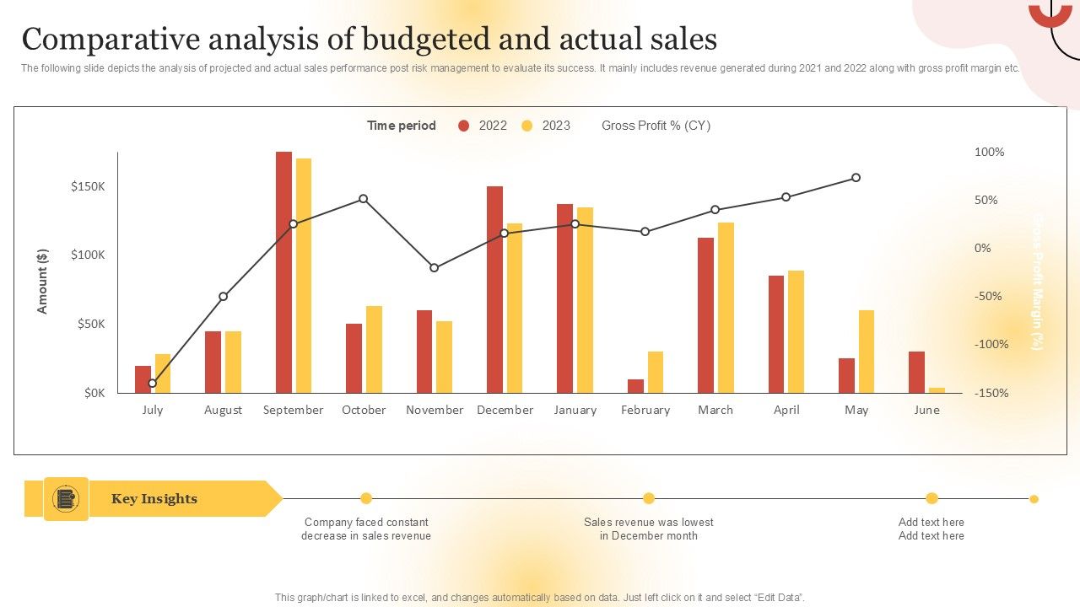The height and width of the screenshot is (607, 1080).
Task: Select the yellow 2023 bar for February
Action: tap(656, 372)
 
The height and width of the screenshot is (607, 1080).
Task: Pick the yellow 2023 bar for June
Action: tap(937, 389)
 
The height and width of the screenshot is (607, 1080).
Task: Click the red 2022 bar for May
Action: tap(846, 375)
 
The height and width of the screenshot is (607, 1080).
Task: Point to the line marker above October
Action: tap(364, 199)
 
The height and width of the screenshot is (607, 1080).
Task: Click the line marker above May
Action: tap(856, 178)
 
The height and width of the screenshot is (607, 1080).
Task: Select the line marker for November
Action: tap(435, 268)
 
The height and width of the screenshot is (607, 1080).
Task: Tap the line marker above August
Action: tap(224, 297)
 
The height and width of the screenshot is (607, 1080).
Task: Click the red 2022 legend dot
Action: tap(463, 126)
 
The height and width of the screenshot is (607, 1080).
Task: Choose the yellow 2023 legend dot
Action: tap(527, 126)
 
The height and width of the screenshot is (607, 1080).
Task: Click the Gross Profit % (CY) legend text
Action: tap(656, 126)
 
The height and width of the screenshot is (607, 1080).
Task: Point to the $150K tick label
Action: tap(88, 186)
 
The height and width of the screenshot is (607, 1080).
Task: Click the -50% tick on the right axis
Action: tap(986, 296)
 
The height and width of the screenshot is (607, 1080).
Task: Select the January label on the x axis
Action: tap(575, 410)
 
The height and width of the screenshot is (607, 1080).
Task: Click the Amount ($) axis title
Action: tap(43, 282)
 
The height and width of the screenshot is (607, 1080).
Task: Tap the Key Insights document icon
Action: tap(66, 499)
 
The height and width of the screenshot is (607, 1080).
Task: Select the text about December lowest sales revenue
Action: tap(648, 529)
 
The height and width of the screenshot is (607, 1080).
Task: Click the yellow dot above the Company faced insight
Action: tap(366, 498)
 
